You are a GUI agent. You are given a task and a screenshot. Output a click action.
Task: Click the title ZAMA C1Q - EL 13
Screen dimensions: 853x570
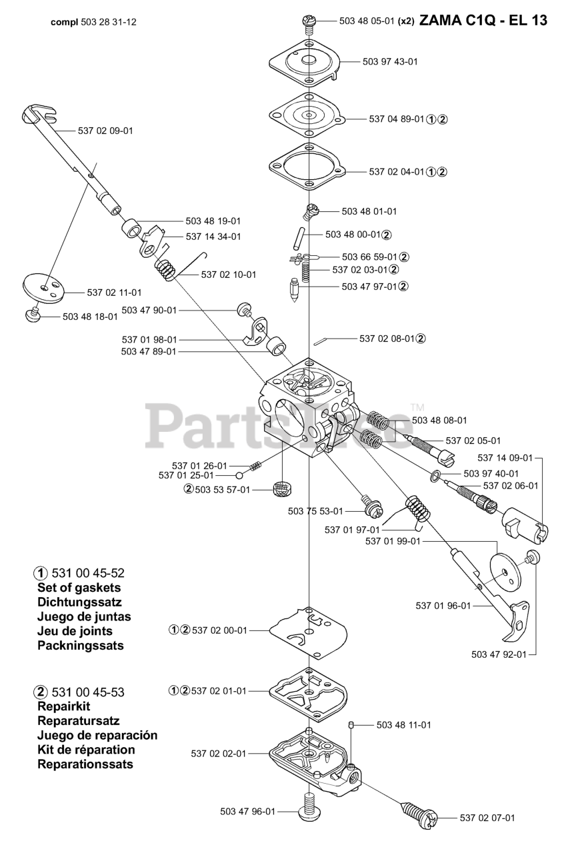click(x=484, y=21)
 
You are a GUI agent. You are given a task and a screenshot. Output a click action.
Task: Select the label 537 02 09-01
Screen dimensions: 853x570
click(x=105, y=131)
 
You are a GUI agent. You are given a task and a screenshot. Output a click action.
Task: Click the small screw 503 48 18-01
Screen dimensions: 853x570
click(x=33, y=315)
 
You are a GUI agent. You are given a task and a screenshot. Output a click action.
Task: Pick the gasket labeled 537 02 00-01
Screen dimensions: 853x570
click(x=309, y=630)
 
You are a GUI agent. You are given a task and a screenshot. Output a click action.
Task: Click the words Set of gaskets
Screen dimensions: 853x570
click(x=79, y=588)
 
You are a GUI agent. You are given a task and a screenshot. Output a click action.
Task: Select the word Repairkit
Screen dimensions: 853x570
click(x=64, y=706)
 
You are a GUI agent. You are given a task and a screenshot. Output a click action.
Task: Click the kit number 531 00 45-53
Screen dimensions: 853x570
click(x=87, y=692)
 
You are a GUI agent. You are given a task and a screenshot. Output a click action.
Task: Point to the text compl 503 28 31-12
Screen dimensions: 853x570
click(x=94, y=21)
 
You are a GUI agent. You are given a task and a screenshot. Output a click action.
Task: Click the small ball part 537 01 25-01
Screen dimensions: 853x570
click(x=238, y=476)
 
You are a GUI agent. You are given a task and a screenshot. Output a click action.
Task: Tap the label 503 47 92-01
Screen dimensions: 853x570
click(x=499, y=654)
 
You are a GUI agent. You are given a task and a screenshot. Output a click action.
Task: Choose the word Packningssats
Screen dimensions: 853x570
click(x=81, y=645)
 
